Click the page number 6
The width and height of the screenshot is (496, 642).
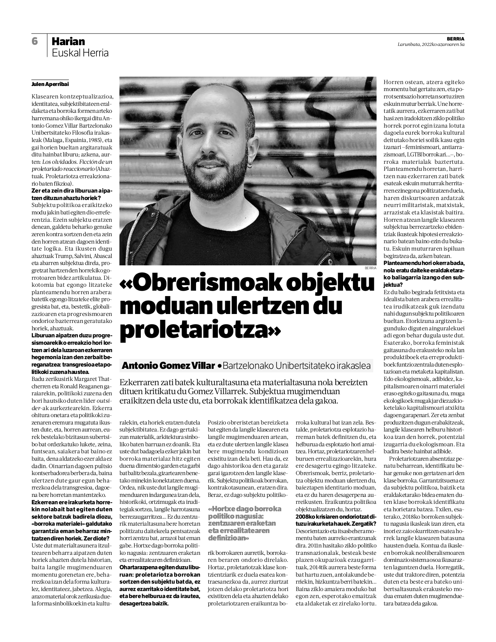coord(35,41)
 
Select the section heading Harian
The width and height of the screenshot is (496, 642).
coord(68,41)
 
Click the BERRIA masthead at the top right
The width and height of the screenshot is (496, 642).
coord(456,39)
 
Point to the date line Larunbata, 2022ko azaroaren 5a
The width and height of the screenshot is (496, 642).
coord(431,44)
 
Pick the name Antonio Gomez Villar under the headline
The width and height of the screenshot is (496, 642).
coord(168,366)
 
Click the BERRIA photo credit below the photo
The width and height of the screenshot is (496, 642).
coord(370,268)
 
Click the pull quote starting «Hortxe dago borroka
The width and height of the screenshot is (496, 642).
coord(244,523)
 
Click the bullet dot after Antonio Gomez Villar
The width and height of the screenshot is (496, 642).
coord(220,366)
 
